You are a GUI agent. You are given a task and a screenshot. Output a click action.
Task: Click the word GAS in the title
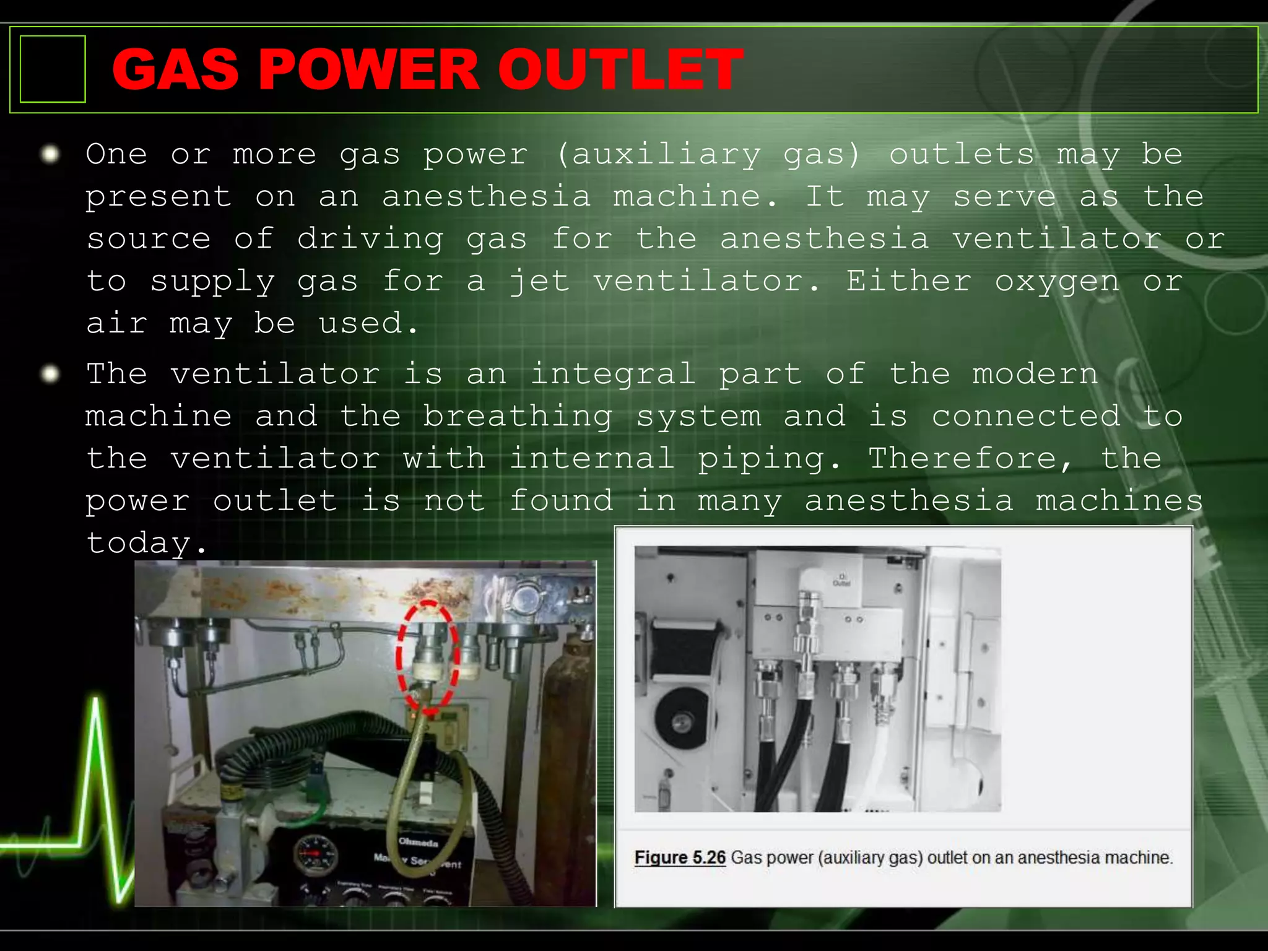(175, 69)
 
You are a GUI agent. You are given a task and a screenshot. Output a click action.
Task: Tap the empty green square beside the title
(53, 69)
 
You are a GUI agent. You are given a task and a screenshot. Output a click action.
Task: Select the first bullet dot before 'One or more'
(50, 154)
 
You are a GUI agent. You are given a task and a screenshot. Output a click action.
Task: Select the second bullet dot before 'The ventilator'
(50, 374)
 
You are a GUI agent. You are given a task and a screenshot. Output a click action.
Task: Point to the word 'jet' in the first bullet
(539, 282)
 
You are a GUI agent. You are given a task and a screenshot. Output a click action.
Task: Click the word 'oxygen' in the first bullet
(1057, 282)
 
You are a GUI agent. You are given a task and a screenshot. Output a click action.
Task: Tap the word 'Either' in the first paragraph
(909, 282)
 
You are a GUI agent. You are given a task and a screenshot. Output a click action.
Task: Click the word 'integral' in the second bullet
(613, 375)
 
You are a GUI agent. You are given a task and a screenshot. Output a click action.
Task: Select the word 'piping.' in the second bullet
(770, 459)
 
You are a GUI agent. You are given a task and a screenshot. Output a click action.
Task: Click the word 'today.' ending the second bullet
(146, 544)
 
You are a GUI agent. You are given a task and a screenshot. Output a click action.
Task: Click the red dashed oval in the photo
(428, 656)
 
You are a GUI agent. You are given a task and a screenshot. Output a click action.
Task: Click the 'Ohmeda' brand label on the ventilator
(419, 842)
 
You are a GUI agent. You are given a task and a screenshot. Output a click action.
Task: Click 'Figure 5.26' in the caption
(680, 858)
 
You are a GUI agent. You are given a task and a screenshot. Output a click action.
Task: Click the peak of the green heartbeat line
(96, 701)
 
